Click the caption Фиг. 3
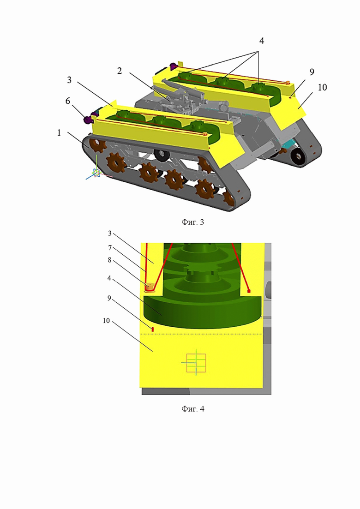click(192, 222)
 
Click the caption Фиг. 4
click(193, 409)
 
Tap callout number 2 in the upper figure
click(120, 71)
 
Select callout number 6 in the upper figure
click(67, 101)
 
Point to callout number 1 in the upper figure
click(59, 132)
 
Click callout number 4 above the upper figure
click(261, 41)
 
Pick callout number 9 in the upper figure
click(312, 72)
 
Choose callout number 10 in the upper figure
click(322, 87)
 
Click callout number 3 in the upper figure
click(69, 80)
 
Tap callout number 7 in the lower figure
click(110, 248)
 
